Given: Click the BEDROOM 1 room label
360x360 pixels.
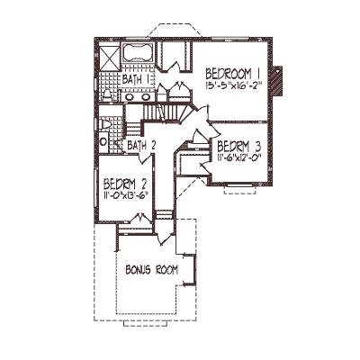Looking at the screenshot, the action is (x=232, y=74).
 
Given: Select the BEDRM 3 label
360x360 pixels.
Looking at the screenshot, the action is (x=238, y=147).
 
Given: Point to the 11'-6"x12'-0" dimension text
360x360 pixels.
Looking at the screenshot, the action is (x=238, y=157).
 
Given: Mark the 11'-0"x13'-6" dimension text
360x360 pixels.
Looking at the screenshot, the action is (x=126, y=194).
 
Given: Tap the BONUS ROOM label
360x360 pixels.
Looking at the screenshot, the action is (x=151, y=270).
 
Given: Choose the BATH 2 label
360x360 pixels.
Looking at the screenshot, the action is (x=141, y=146).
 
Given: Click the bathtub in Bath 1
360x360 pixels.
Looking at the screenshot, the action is (x=138, y=53).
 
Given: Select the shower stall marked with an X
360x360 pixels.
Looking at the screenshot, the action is (x=109, y=58).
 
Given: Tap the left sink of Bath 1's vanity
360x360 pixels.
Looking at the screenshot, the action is (x=130, y=97).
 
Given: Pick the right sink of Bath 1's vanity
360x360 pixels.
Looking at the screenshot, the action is (x=146, y=97).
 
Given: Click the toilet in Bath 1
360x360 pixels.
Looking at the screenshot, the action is (x=106, y=94).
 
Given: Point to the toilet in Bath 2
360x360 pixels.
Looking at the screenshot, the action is (x=105, y=125).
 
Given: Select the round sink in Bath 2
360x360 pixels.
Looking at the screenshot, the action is (x=103, y=141).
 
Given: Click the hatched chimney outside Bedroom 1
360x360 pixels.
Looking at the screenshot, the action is (x=276, y=81).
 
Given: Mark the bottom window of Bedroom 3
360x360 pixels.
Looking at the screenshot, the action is (x=239, y=186).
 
